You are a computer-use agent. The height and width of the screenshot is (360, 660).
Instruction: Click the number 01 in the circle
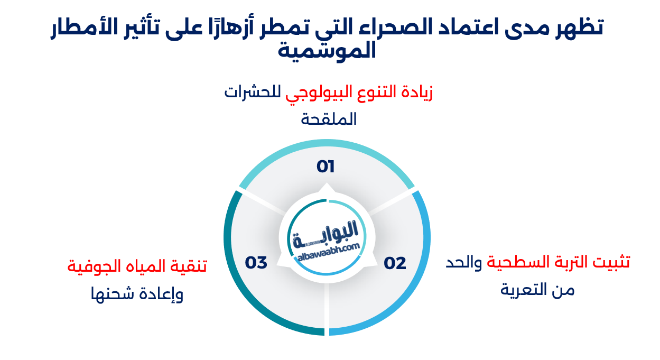point(326,167)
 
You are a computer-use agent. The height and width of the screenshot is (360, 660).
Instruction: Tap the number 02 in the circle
point(395,263)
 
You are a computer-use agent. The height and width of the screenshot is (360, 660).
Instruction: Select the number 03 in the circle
point(256,262)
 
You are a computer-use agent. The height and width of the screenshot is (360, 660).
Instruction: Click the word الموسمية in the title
point(326,50)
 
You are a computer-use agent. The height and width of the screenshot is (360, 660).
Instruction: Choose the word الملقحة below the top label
point(329,119)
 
